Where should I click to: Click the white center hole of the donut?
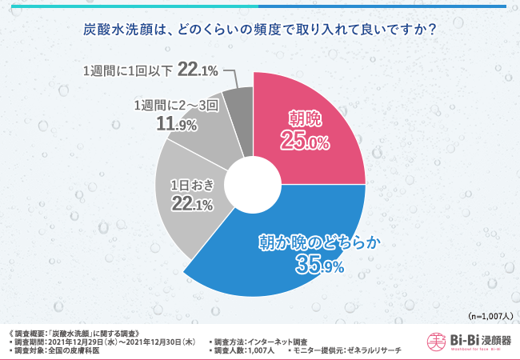254,184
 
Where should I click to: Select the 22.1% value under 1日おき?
192,204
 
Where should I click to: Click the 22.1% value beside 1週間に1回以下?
198,70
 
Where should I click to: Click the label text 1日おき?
192,186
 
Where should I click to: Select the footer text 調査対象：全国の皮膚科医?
60,350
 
